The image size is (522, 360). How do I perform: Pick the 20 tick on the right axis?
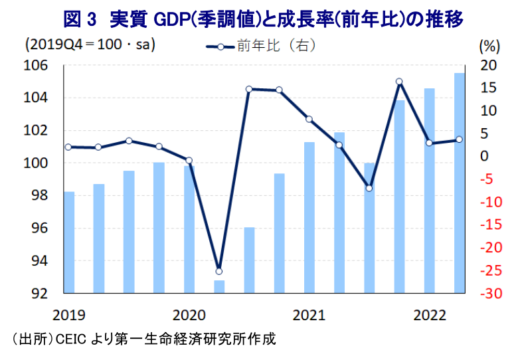pos(487,65)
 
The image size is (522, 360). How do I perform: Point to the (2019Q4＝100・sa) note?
pos(90,46)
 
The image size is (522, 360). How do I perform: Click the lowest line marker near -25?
pos(219,271)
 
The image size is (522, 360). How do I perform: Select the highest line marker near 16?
pos(399,82)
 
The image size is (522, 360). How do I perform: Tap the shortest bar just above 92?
pos(219,287)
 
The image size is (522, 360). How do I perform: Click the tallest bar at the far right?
pos(460,183)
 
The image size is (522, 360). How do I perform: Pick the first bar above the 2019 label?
pos(69,242)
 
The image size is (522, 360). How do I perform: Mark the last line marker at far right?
pos(460,139)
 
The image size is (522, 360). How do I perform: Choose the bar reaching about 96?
pos(249,260)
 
